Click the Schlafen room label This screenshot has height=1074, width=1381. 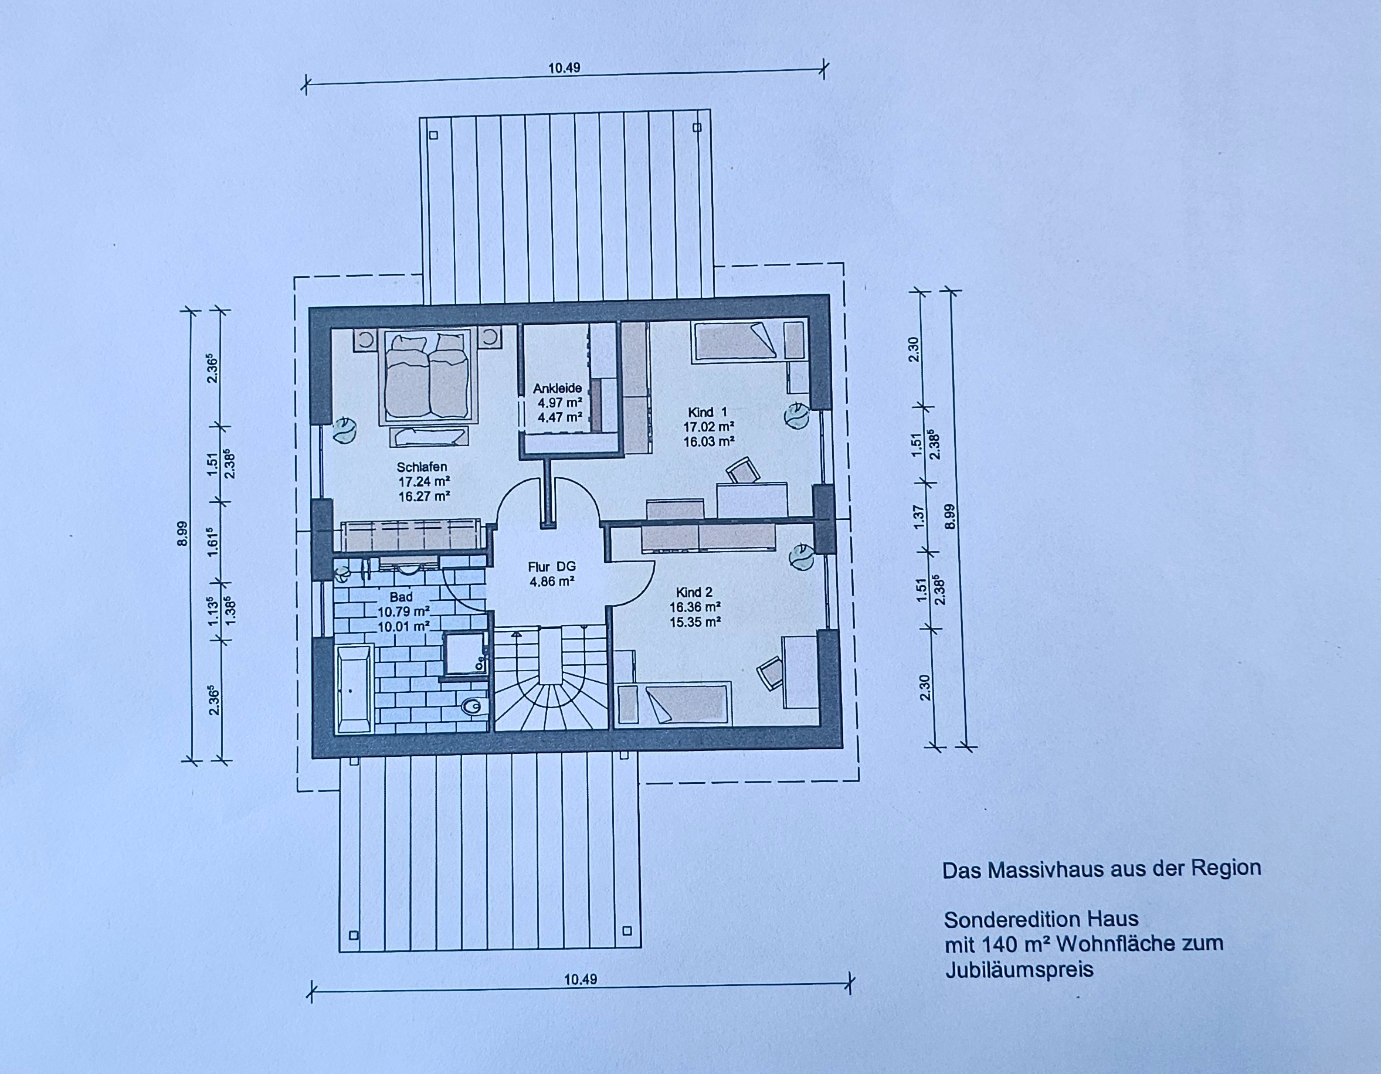tap(422, 468)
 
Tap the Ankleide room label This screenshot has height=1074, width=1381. tap(557, 388)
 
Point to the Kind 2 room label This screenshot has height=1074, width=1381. tap(694, 592)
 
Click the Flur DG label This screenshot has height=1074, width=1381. tap(552, 567)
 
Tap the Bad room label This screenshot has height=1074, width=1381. tap(401, 597)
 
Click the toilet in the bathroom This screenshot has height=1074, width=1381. tap(471, 707)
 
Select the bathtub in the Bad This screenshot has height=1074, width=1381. tap(354, 689)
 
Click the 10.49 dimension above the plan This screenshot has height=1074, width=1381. tap(564, 67)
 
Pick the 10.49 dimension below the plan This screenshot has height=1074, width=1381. tap(581, 979)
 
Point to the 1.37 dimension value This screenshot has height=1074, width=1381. tap(919, 516)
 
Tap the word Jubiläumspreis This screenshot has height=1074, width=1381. tap(1019, 970)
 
